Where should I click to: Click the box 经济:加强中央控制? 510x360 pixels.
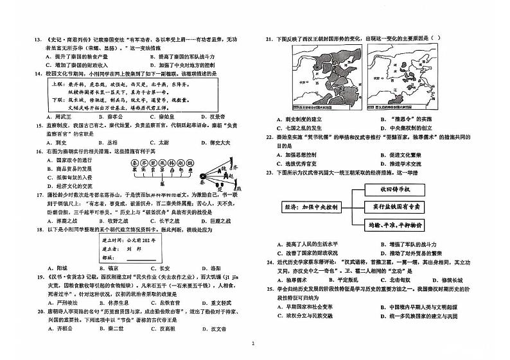(312, 207)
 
